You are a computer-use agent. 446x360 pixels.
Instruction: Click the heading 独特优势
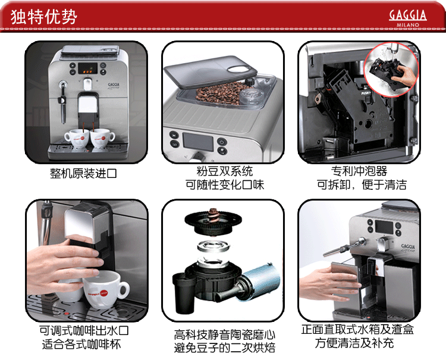[44, 16]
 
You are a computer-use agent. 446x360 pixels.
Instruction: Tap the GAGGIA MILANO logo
[407, 17]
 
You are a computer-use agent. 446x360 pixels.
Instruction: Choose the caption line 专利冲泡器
[359, 172]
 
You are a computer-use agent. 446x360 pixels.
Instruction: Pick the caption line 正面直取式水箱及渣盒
[357, 330]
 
